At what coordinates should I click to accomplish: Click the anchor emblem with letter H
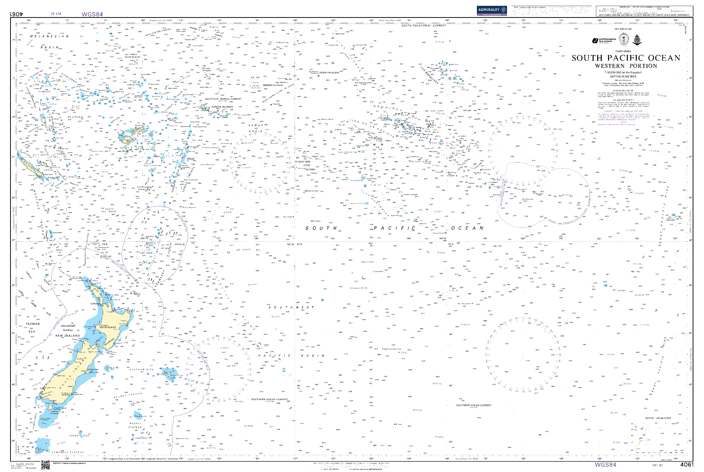click(637, 40)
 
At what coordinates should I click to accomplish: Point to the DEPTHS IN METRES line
click(623, 76)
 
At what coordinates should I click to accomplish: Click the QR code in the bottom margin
click(45, 465)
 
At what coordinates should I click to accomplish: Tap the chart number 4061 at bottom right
click(687, 465)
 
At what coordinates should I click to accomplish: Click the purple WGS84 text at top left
click(92, 14)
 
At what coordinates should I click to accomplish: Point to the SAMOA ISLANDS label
click(222, 107)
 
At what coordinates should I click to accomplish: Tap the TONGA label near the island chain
click(190, 159)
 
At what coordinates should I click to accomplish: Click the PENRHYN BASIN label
click(329, 73)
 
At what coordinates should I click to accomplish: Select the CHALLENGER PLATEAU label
click(68, 328)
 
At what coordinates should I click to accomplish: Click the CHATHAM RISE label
click(141, 369)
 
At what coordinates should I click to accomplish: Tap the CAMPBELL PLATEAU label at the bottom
click(68, 452)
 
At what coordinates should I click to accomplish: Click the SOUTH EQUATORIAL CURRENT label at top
click(423, 26)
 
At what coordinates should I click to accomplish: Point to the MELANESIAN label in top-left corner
click(49, 36)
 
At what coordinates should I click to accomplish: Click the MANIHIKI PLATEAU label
click(273, 85)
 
